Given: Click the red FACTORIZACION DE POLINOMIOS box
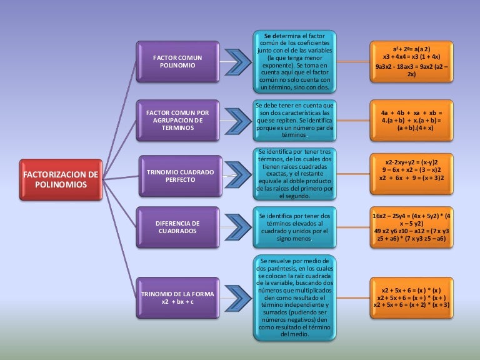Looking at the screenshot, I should (61, 180).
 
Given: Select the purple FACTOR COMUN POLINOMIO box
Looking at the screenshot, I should (177, 61).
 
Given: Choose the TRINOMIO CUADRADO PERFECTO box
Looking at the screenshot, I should (180, 176).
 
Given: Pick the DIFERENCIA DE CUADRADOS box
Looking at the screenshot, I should (177, 227).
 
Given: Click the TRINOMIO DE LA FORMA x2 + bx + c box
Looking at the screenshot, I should (177, 297).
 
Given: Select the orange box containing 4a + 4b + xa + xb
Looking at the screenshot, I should (411, 119).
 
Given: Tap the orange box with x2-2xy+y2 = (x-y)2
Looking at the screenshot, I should (411, 169).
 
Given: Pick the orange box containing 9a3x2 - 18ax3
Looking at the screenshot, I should (411, 61).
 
